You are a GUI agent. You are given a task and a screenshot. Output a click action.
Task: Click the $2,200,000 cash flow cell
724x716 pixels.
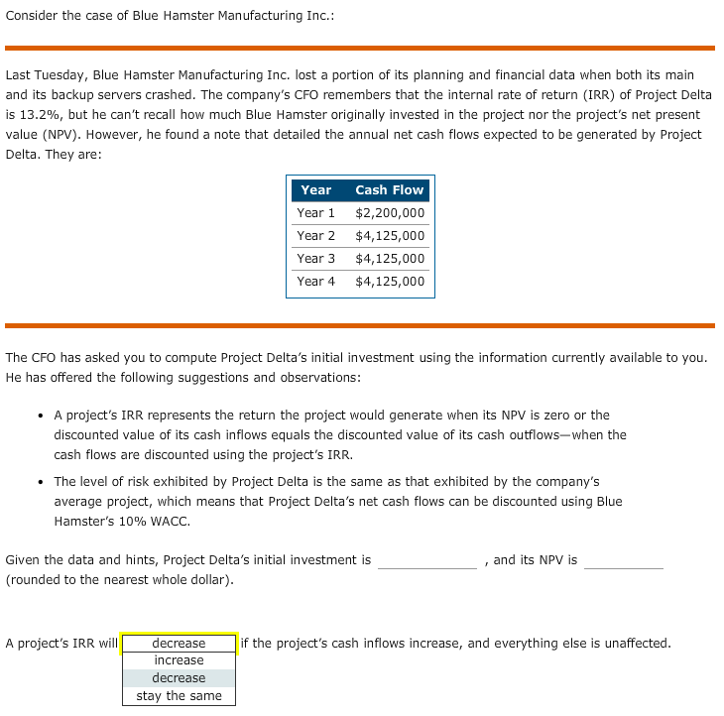[x=390, y=213]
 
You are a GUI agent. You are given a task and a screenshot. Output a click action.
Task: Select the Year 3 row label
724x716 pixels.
[x=315, y=259]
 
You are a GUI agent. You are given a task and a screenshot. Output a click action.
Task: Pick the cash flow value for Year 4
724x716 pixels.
[x=390, y=282]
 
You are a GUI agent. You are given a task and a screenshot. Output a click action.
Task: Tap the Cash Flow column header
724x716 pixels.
[x=389, y=189]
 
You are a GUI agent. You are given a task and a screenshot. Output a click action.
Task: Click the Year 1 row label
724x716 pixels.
[x=315, y=213]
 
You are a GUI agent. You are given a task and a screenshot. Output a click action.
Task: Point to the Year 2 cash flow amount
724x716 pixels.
[x=390, y=236]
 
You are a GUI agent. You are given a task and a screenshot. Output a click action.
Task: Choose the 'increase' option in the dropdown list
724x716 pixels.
[x=179, y=660]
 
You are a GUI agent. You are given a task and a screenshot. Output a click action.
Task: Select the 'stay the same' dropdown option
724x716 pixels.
[x=179, y=696]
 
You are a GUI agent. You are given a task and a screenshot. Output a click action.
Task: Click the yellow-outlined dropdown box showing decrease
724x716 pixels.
[x=179, y=644]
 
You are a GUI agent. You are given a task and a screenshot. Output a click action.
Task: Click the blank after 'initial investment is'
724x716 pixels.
[x=426, y=561]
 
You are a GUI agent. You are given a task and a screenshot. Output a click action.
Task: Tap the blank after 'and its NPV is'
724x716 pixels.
[x=623, y=561]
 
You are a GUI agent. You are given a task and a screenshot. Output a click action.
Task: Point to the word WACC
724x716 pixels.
[x=173, y=522]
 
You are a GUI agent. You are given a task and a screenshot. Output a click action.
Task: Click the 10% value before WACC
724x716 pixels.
[x=141, y=522]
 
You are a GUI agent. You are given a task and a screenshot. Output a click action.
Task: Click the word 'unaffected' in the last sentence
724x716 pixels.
[x=635, y=644]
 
